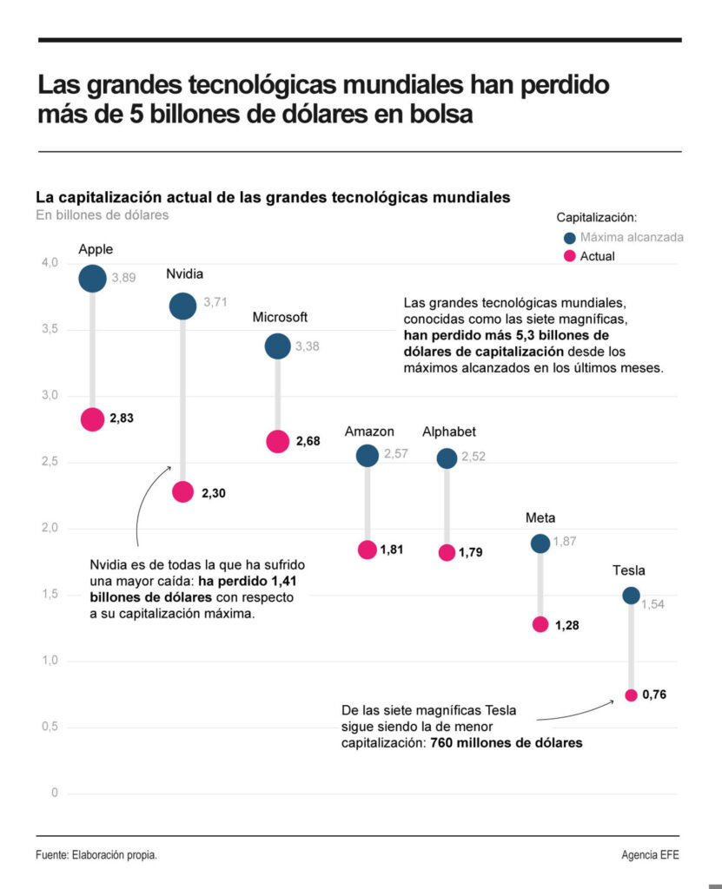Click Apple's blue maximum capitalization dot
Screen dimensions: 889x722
click(92, 279)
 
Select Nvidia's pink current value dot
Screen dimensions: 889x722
click(182, 492)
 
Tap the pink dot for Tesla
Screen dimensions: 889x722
click(631, 695)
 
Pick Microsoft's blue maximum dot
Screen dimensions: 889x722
click(277, 346)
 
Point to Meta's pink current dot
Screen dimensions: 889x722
click(540, 624)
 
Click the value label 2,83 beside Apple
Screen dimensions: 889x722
click(122, 419)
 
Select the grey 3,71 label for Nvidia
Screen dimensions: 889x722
click(215, 302)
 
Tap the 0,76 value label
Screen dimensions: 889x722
click(654, 695)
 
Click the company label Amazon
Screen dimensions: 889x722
click(369, 431)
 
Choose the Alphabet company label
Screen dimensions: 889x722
click(449, 431)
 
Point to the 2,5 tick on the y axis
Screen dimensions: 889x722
click(50, 462)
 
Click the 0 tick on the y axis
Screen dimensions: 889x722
click(54, 794)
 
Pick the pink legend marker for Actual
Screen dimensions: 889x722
click(570, 256)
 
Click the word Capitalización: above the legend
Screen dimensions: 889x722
click(597, 217)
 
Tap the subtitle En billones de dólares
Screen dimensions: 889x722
click(103, 215)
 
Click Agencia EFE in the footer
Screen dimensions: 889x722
click(650, 855)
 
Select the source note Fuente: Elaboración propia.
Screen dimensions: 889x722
click(96, 855)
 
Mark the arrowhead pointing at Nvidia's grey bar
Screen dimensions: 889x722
click(170, 467)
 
